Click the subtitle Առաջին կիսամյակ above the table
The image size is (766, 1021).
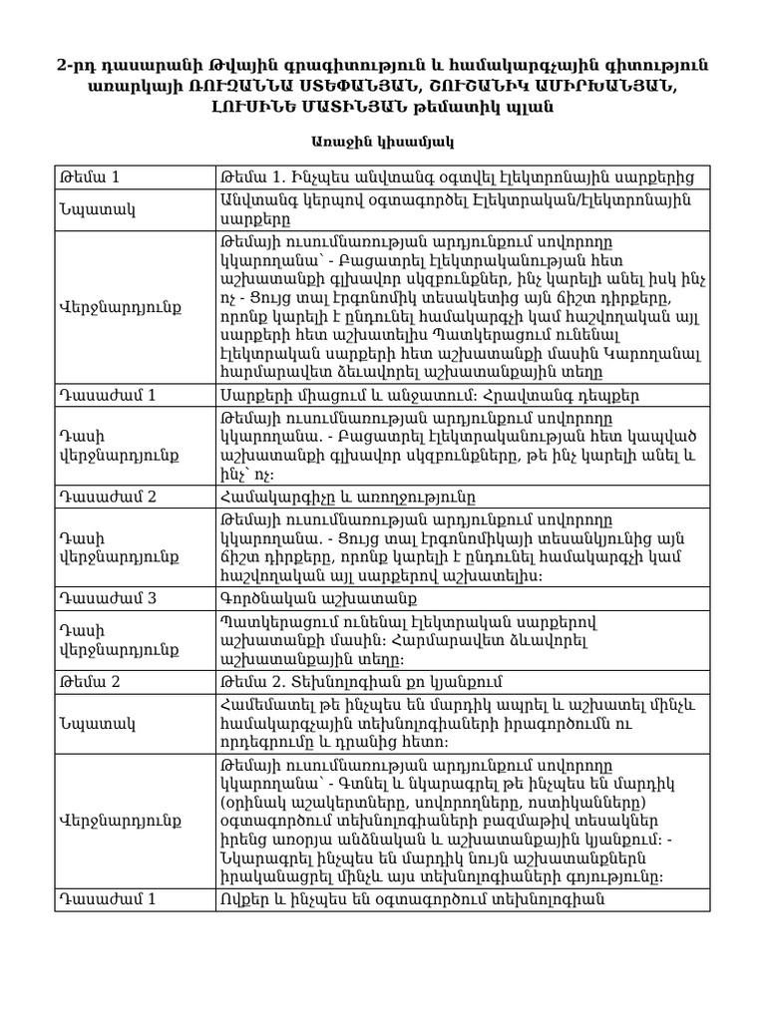[383, 144]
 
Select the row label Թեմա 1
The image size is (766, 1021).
[91, 177]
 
